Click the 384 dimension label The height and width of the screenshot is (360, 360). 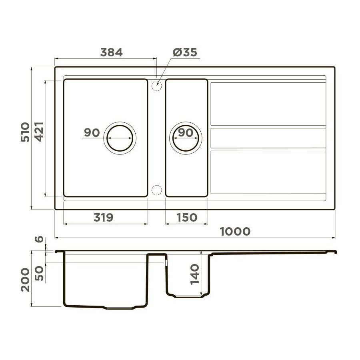pos(111,52)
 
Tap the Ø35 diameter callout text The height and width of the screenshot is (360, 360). pos(185,52)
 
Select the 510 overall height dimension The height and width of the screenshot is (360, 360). pos(25,132)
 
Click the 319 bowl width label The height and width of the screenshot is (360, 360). pos(104,218)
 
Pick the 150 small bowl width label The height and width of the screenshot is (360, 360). pos(187,218)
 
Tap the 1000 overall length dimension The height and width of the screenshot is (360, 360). pos(235,232)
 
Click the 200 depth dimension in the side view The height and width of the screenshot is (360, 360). pos(25,280)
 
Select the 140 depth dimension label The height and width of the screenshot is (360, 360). pos(195,274)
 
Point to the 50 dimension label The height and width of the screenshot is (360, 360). pos(39,273)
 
